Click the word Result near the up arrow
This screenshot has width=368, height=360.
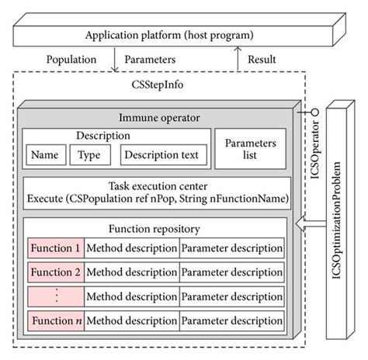[x=263, y=59]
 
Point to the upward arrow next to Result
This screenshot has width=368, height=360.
[x=239, y=59]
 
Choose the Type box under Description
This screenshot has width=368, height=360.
[x=90, y=155]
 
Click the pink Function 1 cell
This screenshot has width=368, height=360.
[x=54, y=249]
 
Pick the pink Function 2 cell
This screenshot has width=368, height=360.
[x=54, y=272]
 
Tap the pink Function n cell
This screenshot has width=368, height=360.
[x=54, y=320]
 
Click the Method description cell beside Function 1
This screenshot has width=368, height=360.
[x=131, y=249]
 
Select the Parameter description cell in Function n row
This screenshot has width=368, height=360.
[x=231, y=320]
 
